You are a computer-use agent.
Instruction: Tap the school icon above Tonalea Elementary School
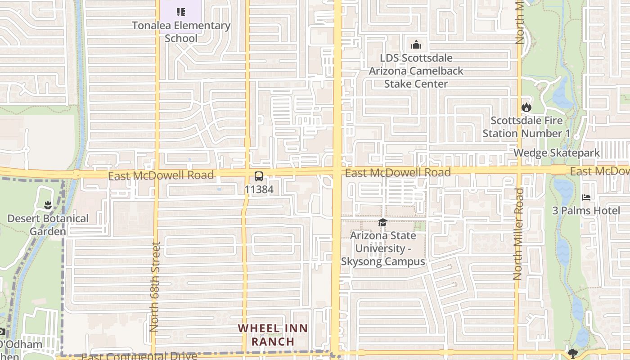(x=181, y=12)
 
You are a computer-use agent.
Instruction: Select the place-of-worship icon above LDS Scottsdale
(x=416, y=45)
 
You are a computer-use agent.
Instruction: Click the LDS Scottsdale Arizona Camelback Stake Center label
(x=416, y=71)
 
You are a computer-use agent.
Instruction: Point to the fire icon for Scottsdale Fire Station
(x=526, y=107)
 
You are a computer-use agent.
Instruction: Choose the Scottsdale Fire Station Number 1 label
(x=526, y=127)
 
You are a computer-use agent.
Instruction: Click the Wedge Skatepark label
(x=557, y=153)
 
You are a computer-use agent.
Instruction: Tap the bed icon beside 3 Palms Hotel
(x=586, y=197)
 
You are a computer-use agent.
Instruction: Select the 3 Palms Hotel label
(x=580, y=211)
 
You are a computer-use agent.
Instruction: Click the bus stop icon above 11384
(x=259, y=176)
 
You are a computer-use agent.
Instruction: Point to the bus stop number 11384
(x=259, y=189)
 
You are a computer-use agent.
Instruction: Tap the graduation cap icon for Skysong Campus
(x=382, y=222)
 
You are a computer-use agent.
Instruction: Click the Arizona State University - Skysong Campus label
(x=383, y=248)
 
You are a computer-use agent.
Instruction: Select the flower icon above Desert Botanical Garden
(x=48, y=206)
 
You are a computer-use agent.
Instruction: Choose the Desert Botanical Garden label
(x=48, y=225)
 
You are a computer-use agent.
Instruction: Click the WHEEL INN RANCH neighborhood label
(x=273, y=335)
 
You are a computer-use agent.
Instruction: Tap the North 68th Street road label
(x=154, y=287)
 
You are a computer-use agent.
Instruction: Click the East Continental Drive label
(x=139, y=356)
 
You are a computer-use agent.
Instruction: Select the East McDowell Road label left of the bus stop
(x=161, y=175)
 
